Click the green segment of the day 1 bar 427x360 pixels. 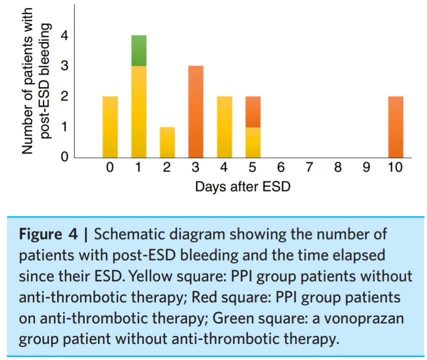pos(139,50)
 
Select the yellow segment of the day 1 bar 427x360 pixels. pos(139,112)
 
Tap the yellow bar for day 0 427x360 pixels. pos(110,127)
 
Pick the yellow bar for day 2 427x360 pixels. pos(167,142)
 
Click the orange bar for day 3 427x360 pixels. pos(196,112)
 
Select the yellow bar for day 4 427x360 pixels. pos(224,127)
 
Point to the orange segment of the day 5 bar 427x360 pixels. pos(253,112)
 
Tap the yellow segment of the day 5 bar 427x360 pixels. pos(253,142)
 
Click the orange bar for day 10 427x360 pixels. pos(395,127)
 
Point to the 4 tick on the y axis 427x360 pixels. pos(64,35)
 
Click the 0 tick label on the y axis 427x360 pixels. pos(64,157)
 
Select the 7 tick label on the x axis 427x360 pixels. pos(309,167)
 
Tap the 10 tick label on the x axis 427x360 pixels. pos(395,167)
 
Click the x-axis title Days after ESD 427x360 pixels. pos(243,187)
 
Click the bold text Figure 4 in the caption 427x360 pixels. pos(48,234)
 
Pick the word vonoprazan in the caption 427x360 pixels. pos(363,318)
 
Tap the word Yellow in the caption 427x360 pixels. pos(150,276)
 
